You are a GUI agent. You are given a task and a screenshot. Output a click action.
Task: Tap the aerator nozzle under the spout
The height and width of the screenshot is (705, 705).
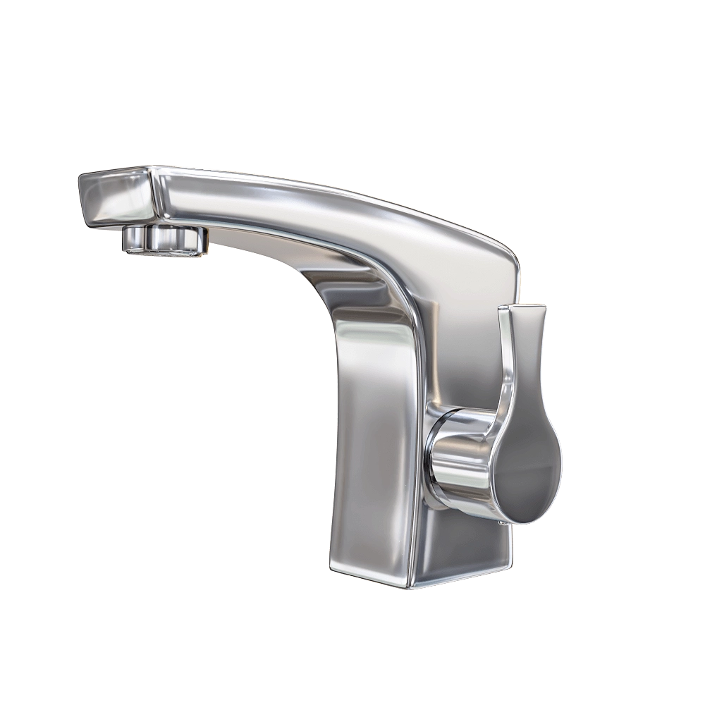pos(164,240)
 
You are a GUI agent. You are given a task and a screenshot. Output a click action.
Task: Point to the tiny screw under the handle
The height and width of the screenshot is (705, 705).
pos(500,522)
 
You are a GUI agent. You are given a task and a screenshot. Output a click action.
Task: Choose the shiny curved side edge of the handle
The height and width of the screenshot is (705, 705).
pos(505,395)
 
